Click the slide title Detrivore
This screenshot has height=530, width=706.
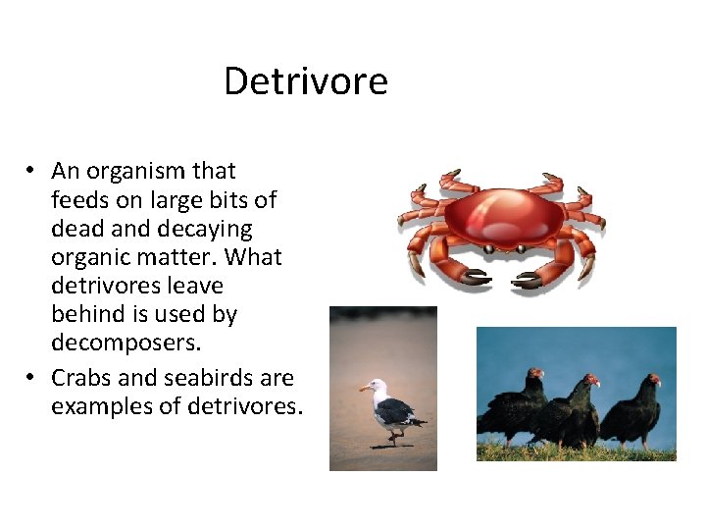coord(305,80)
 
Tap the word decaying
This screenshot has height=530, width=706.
coord(200,229)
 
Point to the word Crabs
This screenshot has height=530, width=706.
coord(81,378)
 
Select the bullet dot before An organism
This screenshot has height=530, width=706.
coord(32,172)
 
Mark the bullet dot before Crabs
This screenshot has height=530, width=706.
coord(32,378)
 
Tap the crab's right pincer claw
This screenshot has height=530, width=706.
coord(529,282)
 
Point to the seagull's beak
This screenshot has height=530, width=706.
coord(364,390)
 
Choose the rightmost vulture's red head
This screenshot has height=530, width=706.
coord(654,379)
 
